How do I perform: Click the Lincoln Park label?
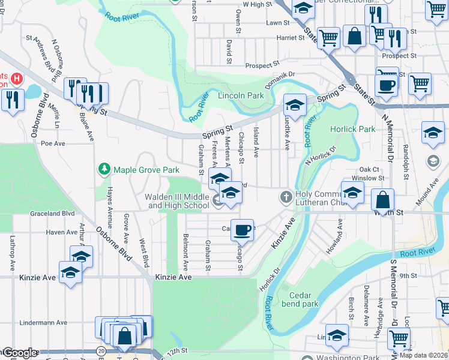(241, 95)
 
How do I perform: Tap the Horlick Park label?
(352, 129)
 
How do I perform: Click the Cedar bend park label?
(304, 299)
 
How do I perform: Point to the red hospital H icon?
(17, 78)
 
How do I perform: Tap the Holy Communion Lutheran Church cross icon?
(286, 197)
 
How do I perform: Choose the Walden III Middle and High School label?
(178, 201)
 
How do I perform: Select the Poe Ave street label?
(53, 144)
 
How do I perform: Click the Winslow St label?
(367, 178)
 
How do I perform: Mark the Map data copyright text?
(423, 355)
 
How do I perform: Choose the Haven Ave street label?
(62, 232)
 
